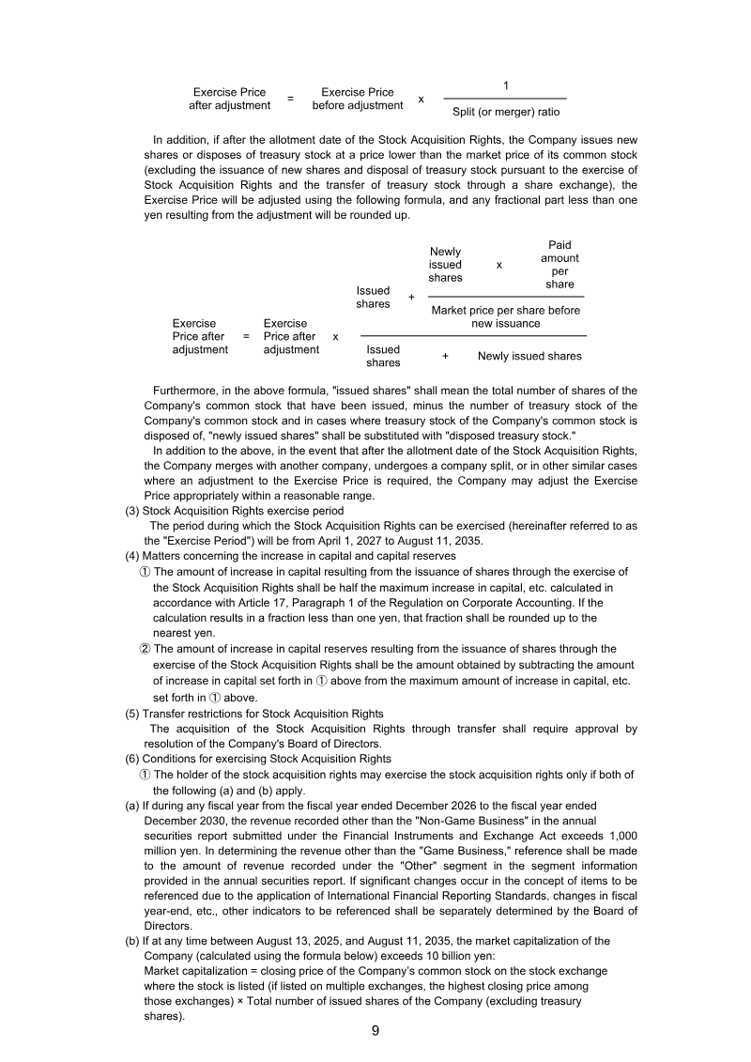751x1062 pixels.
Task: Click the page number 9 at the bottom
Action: click(375, 1031)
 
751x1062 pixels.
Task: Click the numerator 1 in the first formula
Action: click(506, 85)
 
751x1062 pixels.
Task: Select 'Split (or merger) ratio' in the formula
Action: click(506, 111)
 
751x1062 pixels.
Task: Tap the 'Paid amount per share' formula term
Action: click(559, 265)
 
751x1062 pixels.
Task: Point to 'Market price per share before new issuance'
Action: click(506, 316)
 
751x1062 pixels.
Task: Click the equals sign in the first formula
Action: click(290, 99)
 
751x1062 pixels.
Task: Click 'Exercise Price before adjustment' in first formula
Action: click(358, 99)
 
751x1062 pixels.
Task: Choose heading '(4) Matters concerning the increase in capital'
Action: click(291, 556)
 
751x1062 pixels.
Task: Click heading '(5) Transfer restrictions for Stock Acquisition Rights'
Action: click(254, 714)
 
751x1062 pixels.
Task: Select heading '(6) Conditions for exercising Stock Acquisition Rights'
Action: click(258, 759)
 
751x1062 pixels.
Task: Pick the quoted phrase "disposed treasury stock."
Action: click(506, 436)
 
